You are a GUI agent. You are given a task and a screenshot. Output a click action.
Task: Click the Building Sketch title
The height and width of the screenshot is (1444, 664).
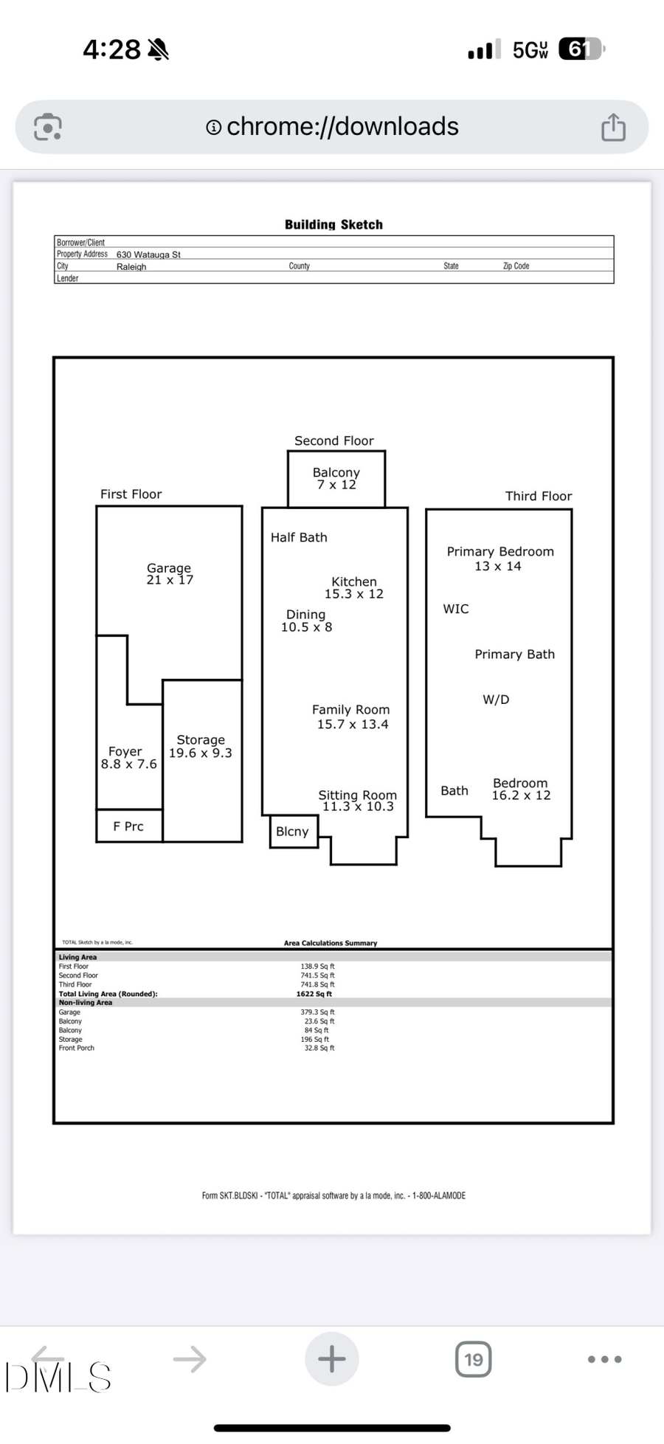point(333,224)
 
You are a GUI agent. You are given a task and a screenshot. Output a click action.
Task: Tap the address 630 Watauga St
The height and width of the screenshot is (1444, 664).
point(148,255)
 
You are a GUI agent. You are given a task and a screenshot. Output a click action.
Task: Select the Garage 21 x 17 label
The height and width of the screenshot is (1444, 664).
point(169,573)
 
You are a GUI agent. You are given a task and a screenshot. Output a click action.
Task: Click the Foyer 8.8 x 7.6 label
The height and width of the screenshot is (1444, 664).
point(128,758)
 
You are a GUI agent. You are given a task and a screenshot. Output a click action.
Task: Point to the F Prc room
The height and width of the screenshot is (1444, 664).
point(128,826)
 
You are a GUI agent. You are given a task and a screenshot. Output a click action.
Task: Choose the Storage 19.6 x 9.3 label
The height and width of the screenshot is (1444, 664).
point(201,746)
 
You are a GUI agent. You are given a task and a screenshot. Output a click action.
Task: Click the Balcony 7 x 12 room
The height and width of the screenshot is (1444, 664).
point(336,478)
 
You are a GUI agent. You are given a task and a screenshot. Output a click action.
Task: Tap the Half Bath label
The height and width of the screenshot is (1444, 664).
point(299,537)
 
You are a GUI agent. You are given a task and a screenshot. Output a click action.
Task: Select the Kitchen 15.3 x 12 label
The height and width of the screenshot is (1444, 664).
point(354,587)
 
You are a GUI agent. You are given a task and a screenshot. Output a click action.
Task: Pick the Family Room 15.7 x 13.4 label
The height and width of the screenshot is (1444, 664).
point(351,716)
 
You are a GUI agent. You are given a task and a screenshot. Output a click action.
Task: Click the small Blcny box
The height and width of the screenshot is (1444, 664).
point(293,832)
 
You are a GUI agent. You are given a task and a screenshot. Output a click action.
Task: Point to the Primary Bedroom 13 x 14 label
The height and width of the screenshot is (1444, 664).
point(499,559)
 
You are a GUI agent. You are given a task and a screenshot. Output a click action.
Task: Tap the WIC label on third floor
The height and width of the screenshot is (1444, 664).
point(455,609)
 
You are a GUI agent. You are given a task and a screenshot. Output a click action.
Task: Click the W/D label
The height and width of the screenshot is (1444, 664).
point(496,699)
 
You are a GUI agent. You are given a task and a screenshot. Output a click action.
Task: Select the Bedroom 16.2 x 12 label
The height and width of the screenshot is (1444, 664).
point(521,789)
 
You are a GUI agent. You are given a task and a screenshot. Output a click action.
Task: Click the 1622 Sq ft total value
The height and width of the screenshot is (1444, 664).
point(314,994)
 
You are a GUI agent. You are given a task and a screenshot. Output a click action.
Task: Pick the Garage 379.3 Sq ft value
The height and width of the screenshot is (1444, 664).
point(317,1012)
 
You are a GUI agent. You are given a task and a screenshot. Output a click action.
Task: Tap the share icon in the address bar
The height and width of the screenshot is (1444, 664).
point(613,127)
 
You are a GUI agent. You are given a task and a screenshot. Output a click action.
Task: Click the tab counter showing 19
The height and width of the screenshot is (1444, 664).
point(474,1359)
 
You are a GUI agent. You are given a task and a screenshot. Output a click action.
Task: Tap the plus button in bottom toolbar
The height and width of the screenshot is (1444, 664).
point(332,1359)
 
